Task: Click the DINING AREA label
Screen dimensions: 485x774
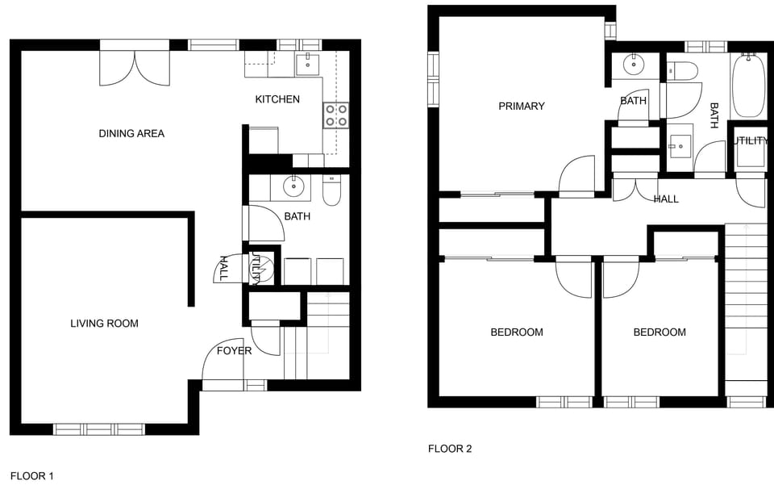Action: coord(131,133)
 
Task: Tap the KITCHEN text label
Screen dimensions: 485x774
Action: coord(277,99)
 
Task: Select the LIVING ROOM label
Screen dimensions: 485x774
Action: coord(104,324)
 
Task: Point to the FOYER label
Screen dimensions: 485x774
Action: coord(234,351)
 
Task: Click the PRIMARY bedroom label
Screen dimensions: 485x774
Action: coord(522,106)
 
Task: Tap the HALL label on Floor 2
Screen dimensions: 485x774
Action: coord(666,199)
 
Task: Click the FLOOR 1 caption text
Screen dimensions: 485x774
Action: coord(31,476)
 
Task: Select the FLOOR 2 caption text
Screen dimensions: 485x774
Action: coord(450,449)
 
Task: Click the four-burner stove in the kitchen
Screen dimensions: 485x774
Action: coord(336,115)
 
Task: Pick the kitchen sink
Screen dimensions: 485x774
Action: coord(307,64)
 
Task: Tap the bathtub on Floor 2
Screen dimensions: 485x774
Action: coord(748,85)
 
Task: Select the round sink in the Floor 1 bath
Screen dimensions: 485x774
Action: coord(295,187)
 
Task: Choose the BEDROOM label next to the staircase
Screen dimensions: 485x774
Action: coord(660,332)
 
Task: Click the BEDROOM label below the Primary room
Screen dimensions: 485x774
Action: coord(517,332)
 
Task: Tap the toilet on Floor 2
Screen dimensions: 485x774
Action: coord(683,72)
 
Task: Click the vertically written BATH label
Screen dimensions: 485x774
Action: coord(714,115)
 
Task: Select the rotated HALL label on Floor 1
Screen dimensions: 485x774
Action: coord(224,268)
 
